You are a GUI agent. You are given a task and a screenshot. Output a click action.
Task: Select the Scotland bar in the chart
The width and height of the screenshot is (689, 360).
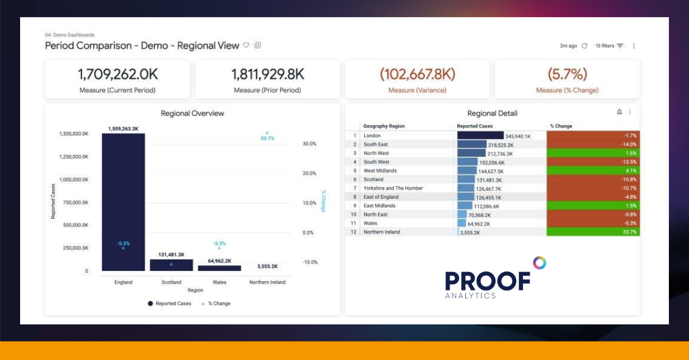[171, 265]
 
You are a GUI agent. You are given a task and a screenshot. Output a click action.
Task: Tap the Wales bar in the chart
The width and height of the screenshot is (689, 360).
[219, 268]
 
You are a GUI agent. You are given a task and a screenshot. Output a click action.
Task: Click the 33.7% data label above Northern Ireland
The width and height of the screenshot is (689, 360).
[267, 138]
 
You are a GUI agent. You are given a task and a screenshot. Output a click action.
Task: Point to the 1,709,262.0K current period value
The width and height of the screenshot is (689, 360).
[118, 74]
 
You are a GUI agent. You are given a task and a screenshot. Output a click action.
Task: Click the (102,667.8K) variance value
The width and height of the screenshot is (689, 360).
[417, 74]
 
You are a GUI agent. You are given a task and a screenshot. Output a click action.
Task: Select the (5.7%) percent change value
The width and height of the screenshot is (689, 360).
[567, 74]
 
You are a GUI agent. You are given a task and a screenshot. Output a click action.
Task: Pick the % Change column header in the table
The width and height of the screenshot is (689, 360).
[561, 126]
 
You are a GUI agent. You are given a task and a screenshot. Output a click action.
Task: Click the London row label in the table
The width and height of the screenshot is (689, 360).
[371, 136]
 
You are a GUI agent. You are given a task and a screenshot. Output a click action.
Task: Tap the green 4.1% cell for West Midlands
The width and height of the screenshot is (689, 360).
[593, 171]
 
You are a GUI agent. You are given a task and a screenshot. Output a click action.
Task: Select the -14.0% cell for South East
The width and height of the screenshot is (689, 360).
[593, 145]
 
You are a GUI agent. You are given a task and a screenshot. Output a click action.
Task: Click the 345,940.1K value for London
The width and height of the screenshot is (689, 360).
[517, 137]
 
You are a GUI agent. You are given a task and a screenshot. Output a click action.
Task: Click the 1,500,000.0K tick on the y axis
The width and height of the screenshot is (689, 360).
[74, 134]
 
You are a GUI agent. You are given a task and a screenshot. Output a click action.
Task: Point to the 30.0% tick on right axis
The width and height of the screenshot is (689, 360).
[309, 144]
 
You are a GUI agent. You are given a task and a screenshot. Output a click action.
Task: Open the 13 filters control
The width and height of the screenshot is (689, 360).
[609, 46]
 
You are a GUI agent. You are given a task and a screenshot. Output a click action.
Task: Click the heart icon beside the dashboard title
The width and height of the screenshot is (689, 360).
[246, 45]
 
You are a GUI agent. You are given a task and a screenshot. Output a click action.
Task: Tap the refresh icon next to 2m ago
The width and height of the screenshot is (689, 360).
[585, 46]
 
